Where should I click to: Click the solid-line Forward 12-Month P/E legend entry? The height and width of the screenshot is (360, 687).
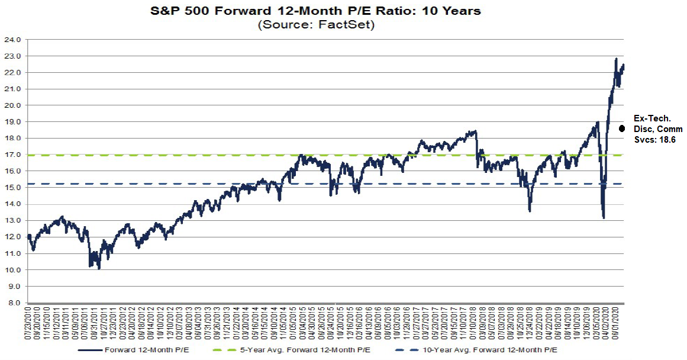(x=157, y=350)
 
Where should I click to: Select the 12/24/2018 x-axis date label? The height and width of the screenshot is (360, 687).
(x=529, y=323)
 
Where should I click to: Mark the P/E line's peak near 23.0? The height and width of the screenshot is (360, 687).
(x=616, y=59)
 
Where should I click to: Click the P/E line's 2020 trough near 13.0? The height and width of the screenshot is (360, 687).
(x=603, y=218)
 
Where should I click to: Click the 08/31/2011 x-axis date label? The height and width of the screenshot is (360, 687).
(x=94, y=323)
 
